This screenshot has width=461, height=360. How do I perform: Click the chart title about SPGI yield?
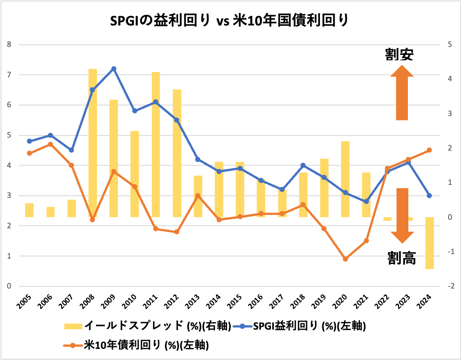click(x=230, y=21)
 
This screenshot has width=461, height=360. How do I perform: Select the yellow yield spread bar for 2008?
click(x=93, y=143)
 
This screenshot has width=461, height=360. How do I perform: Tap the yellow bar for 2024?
click(x=430, y=243)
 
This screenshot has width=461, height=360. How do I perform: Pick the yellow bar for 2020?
click(x=345, y=179)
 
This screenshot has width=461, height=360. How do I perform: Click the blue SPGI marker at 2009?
click(x=114, y=69)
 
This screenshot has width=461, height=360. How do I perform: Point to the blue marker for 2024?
click(x=429, y=196)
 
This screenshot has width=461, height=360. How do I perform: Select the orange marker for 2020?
click(x=345, y=259)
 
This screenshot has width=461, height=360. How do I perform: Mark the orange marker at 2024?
click(x=429, y=150)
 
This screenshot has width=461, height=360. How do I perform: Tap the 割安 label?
click(x=399, y=54)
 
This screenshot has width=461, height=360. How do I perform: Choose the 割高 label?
click(x=401, y=258)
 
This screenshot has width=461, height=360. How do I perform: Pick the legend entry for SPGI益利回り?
click(x=303, y=326)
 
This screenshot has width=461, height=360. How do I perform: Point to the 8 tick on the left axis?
click(x=9, y=44)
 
